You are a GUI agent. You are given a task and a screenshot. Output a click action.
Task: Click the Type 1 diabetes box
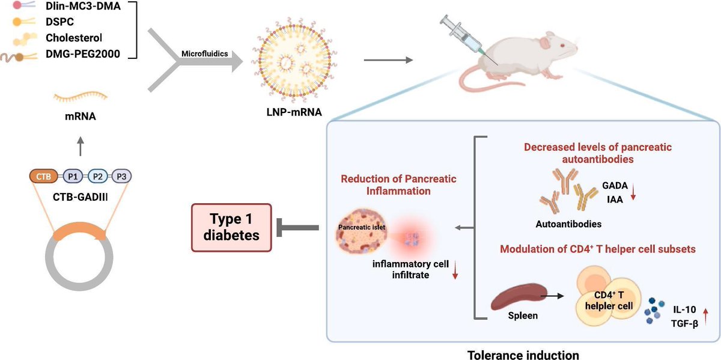click(x=231, y=227)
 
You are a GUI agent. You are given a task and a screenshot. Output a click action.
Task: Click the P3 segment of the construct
click(x=122, y=176)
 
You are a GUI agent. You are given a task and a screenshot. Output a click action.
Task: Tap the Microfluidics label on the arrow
click(x=204, y=53)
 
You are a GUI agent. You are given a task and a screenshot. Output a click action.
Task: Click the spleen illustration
click(x=514, y=297)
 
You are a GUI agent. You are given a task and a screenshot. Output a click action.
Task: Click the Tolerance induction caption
click(x=523, y=355)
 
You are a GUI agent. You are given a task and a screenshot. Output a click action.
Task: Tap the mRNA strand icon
click(x=81, y=95)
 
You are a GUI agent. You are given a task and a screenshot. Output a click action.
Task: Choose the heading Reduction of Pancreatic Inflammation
click(x=399, y=185)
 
